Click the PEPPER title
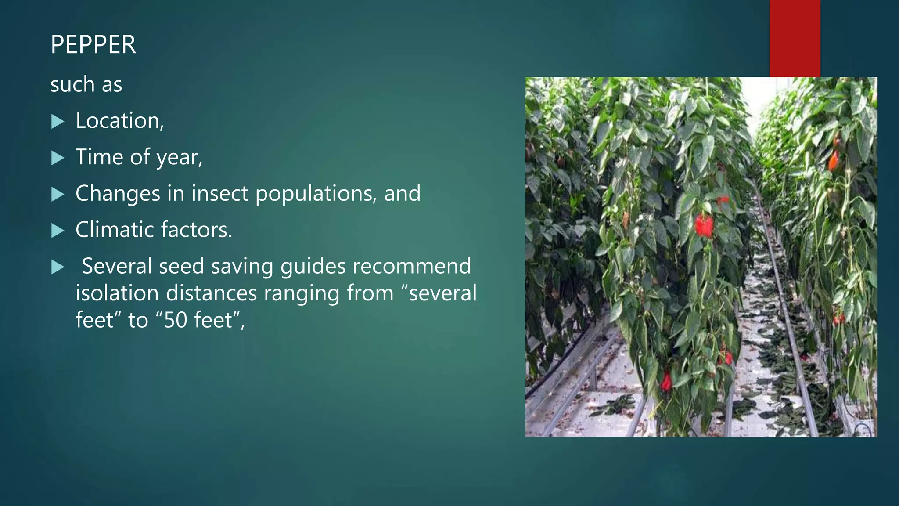(93, 44)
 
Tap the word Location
(118, 120)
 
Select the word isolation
(117, 293)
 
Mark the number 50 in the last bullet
(176, 320)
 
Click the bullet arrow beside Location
(58, 122)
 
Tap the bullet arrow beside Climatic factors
(58, 231)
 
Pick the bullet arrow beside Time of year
(58, 158)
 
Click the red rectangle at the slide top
(795, 38)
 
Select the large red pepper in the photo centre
(704, 226)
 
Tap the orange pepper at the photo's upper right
(833, 160)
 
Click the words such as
(86, 84)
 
